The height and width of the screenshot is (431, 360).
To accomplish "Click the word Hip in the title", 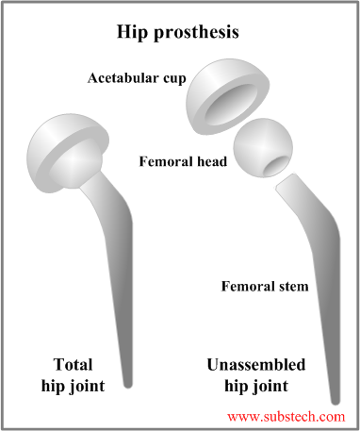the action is (135, 31).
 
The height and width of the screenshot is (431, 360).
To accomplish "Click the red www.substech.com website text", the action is (286, 414).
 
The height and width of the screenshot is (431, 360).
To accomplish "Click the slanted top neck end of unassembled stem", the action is (286, 189).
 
